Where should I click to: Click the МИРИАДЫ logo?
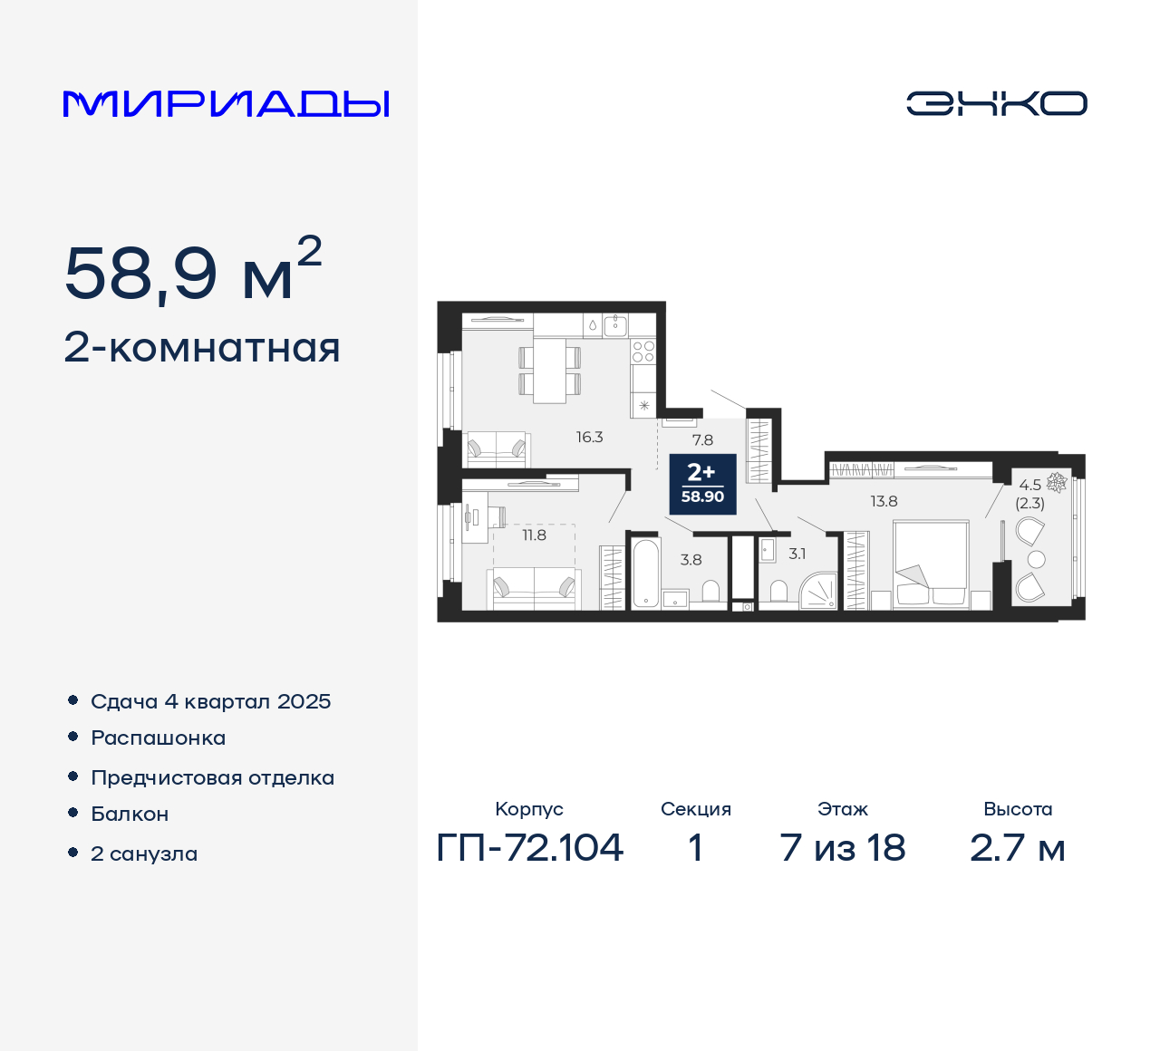click(227, 104)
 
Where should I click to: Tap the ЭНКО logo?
click(996, 103)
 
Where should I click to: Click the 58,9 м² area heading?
click(193, 272)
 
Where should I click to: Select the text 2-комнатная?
click(202, 348)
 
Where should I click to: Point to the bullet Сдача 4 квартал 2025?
click(210, 701)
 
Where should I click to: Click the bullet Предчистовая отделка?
click(212, 777)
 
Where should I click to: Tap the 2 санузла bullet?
click(144, 853)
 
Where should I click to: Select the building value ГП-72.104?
click(530, 848)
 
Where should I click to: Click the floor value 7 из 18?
click(843, 848)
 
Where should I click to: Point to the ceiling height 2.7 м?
click(1018, 848)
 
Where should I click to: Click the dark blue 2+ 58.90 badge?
click(702, 484)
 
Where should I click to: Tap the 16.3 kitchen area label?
click(589, 438)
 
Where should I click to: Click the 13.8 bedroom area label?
click(884, 501)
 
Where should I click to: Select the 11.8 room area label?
click(534, 535)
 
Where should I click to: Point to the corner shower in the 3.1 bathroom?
click(819, 590)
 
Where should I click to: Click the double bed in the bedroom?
click(931, 563)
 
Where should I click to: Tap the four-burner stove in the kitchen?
click(643, 352)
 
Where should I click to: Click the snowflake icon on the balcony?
click(1056, 482)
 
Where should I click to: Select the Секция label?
click(695, 809)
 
